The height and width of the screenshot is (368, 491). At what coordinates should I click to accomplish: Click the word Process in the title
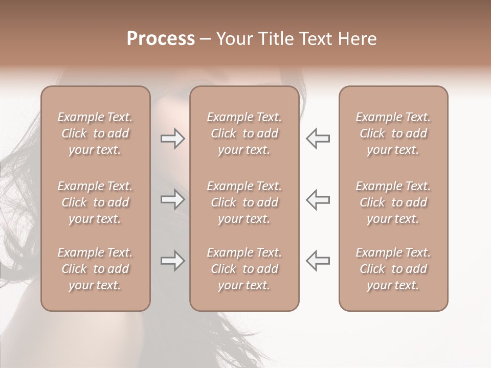click(x=161, y=39)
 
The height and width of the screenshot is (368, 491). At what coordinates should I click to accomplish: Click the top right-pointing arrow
click(x=172, y=139)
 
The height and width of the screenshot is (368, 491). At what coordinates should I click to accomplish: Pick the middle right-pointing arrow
click(x=172, y=199)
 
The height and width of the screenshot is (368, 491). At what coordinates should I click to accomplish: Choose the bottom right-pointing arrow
click(x=172, y=261)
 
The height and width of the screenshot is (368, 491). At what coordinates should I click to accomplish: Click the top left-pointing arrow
click(x=318, y=139)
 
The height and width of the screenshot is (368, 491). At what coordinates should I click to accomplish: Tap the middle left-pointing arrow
click(x=318, y=199)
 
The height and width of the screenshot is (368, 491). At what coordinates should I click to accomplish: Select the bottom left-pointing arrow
click(x=318, y=261)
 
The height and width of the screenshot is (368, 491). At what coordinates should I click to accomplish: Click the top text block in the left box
click(x=95, y=133)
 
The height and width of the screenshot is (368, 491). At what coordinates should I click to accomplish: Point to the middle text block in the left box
click(x=95, y=202)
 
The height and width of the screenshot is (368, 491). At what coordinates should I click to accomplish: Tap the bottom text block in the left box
click(x=95, y=269)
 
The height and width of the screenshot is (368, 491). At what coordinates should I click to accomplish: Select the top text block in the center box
click(x=244, y=133)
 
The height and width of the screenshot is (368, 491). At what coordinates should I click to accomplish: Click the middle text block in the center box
click(x=244, y=202)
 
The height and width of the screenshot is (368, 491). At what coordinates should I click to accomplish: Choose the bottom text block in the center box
click(x=244, y=269)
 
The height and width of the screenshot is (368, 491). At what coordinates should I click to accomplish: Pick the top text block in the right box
click(x=393, y=133)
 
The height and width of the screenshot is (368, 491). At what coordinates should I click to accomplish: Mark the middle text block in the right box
click(x=393, y=202)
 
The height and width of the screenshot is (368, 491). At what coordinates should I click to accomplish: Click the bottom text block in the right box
click(x=393, y=269)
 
